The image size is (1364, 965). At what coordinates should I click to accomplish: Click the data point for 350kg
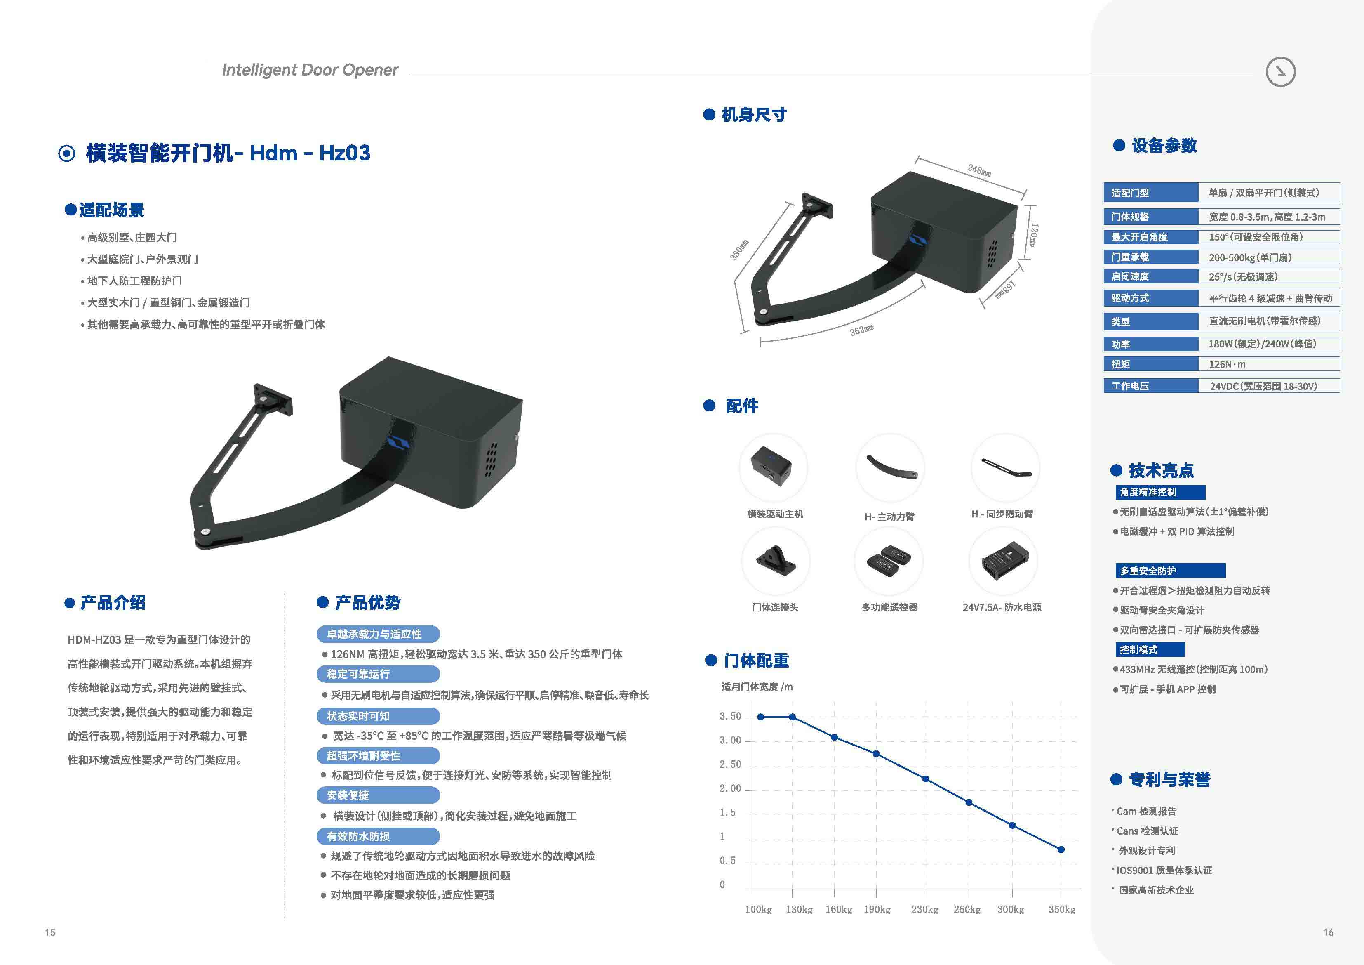coord(1061,849)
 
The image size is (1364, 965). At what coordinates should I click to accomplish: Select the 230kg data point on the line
coord(926,779)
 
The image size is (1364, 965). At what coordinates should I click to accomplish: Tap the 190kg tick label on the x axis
coord(877,910)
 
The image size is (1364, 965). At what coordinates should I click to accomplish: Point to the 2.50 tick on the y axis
coord(730,764)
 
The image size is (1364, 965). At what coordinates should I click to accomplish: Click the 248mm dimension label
coord(979,171)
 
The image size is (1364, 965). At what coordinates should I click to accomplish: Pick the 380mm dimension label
coord(740,250)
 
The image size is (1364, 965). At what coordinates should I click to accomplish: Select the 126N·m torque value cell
coord(1269,364)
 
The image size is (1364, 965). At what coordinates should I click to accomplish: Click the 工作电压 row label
coord(1130,386)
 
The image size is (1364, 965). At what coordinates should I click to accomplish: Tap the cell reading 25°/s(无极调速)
coord(1269,276)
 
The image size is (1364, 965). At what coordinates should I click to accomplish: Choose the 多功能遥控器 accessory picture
coord(889,561)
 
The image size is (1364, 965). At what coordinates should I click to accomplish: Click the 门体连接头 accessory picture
coord(775,561)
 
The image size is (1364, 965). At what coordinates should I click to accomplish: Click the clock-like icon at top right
coord(1280,72)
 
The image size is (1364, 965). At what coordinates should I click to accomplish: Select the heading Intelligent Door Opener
coord(310,70)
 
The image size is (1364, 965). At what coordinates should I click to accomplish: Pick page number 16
coord(1329,932)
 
